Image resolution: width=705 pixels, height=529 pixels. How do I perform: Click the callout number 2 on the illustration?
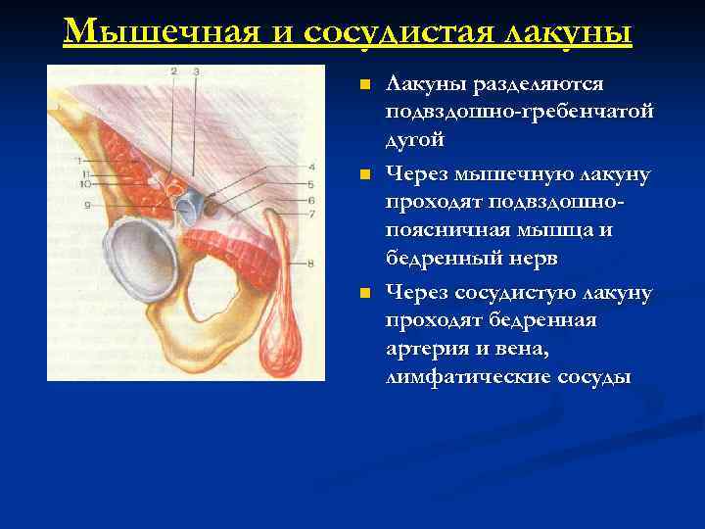tap(173, 72)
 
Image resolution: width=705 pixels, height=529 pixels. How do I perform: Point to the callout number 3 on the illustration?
tap(196, 72)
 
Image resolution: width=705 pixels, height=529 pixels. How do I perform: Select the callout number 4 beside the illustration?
tap(310, 167)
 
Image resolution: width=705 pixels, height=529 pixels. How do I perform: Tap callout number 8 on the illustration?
tap(310, 263)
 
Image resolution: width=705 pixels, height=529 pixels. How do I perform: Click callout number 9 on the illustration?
tap(87, 205)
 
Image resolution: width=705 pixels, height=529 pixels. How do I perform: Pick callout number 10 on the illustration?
tap(86, 183)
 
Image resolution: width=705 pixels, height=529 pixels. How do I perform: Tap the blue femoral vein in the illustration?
tap(195, 207)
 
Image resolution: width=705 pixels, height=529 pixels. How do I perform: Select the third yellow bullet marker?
tap(364, 294)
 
